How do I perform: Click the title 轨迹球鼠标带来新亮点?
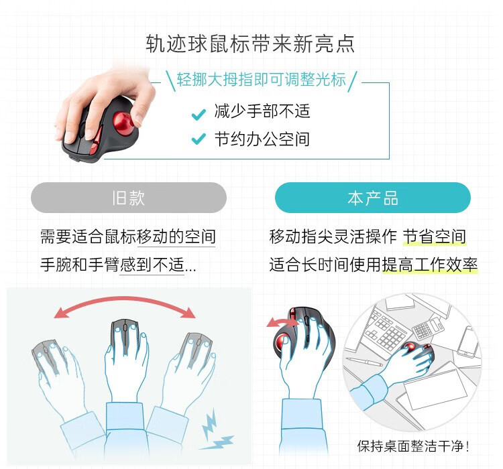[x=250, y=44]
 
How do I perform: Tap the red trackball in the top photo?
[x=123, y=123]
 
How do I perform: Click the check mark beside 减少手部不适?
[x=199, y=114]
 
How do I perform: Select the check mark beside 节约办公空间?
[x=199, y=139]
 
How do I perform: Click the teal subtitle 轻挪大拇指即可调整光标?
[x=261, y=79]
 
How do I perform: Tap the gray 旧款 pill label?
[x=129, y=198]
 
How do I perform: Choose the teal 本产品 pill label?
[x=373, y=198]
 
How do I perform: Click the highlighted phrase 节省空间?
[x=435, y=237]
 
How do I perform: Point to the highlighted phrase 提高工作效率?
[x=430, y=265]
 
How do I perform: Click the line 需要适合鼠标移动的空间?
[x=128, y=237]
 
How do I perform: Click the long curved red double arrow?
[x=125, y=301]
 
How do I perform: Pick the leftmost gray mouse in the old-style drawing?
[x=48, y=356]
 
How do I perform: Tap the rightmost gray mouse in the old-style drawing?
[x=197, y=350]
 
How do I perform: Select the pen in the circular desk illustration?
[x=365, y=361]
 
